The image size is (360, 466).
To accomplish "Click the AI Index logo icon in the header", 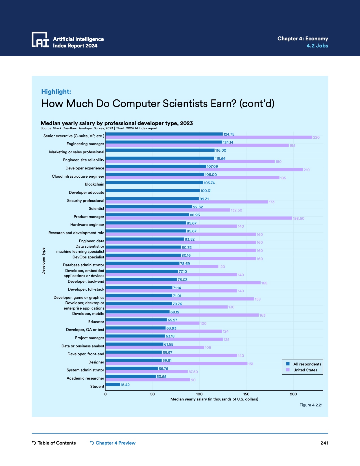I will pos(40,40).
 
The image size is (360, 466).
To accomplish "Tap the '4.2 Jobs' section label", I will pos(317,46).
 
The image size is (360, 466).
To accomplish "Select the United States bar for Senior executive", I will pos(209,138).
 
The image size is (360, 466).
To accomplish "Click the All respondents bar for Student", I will pos(113,385).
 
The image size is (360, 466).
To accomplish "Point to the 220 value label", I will pos(316,138).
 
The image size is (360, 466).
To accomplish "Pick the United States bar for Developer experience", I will pos(204,170).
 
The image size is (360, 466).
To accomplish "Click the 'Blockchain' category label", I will pos(94,184).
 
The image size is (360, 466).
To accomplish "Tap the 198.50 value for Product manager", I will pos(298,218).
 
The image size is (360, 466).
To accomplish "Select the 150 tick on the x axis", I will pos(246,394).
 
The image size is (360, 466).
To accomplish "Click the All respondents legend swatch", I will pos(288,364).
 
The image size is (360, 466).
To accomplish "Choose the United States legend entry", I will pos(305,370).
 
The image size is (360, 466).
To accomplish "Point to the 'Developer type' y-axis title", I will pos(43,261).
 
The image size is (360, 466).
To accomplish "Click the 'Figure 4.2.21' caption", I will pos(311,405).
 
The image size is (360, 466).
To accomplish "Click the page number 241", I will pos(324,443).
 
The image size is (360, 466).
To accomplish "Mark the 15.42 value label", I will pos(125,385).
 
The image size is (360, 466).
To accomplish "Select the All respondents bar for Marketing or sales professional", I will pos(160,150).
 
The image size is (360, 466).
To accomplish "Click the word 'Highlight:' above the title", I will pos(56,92).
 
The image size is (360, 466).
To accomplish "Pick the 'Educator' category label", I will pos(96,322).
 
